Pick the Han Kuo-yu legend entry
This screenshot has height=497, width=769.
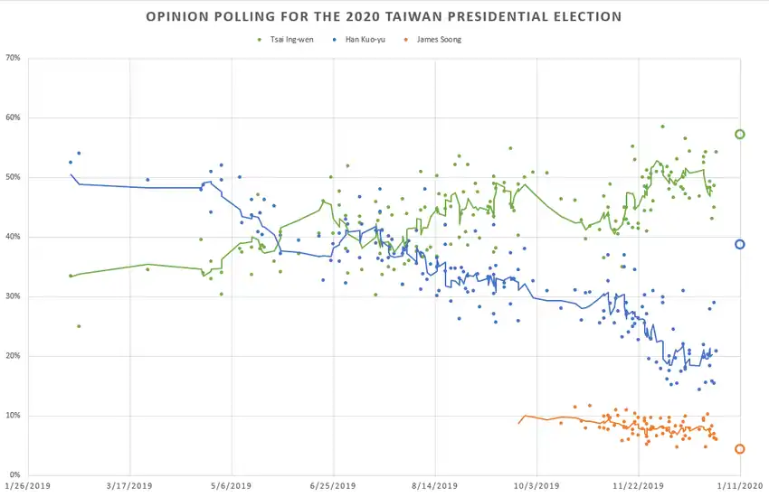tap(365, 40)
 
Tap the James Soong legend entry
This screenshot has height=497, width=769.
tap(439, 40)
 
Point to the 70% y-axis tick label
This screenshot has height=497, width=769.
tap(13, 59)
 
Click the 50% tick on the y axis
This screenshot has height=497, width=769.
tap(13, 178)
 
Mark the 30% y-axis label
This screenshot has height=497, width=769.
tap(13, 296)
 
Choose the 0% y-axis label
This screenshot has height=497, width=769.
tap(15, 475)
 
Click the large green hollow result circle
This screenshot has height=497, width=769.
tap(740, 135)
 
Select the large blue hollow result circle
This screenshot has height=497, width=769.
tap(740, 244)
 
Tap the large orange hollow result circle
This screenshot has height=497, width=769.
tap(740, 449)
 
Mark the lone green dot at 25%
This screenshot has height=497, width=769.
tap(79, 326)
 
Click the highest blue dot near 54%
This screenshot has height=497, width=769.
tap(79, 154)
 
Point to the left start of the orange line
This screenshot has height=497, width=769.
tap(519, 423)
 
